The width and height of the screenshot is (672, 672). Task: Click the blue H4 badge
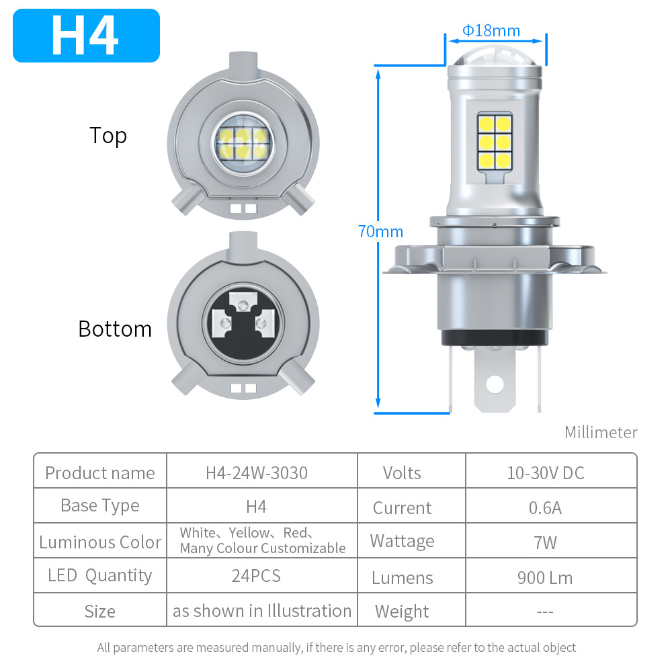(x=86, y=36)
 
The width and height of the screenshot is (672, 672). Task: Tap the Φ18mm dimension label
(x=491, y=31)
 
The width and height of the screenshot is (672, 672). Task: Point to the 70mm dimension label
(x=380, y=232)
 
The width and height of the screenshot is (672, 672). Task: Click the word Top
(x=108, y=136)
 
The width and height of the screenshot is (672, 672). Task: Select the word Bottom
(x=115, y=329)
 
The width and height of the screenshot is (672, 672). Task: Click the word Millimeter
(x=601, y=432)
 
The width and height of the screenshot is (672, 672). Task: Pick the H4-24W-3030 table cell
(x=257, y=473)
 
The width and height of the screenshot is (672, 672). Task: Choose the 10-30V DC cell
(x=546, y=473)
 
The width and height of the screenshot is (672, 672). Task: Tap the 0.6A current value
(x=545, y=507)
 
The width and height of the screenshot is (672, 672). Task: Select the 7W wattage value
(x=545, y=542)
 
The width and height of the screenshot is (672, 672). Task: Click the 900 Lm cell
(x=545, y=578)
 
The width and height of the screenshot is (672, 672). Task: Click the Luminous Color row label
(x=100, y=542)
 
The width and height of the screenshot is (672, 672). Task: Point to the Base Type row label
(x=100, y=506)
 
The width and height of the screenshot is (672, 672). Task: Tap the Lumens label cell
(x=402, y=578)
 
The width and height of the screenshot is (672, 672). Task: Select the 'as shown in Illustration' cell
(x=262, y=611)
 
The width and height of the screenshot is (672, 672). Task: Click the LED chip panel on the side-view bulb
(x=494, y=141)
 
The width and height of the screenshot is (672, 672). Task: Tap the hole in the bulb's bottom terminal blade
(x=495, y=384)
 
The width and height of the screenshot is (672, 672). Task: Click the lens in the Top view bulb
(x=243, y=138)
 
